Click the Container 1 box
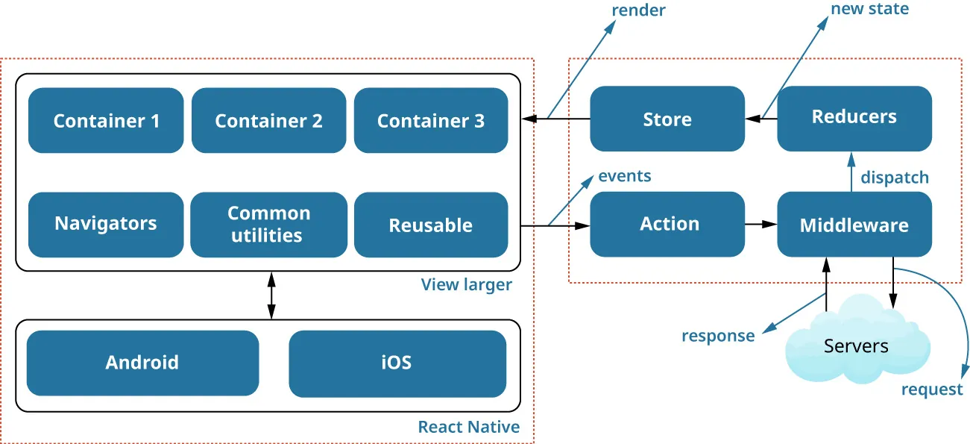coord(106,120)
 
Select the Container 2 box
coord(268,120)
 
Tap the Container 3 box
coord(431,120)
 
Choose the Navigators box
coord(106,224)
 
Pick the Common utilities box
coord(268,224)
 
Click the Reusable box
coord(431,225)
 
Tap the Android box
coord(142,363)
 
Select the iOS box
coord(397,363)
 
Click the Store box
coord(667,119)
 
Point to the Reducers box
coord(854,118)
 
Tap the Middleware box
coord(854,225)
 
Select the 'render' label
coord(638,10)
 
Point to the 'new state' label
coord(869,9)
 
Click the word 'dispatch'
coord(895,178)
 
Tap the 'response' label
coord(718,336)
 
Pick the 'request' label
coord(932,390)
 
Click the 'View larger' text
coord(467,284)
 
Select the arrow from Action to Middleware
coord(760,224)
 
